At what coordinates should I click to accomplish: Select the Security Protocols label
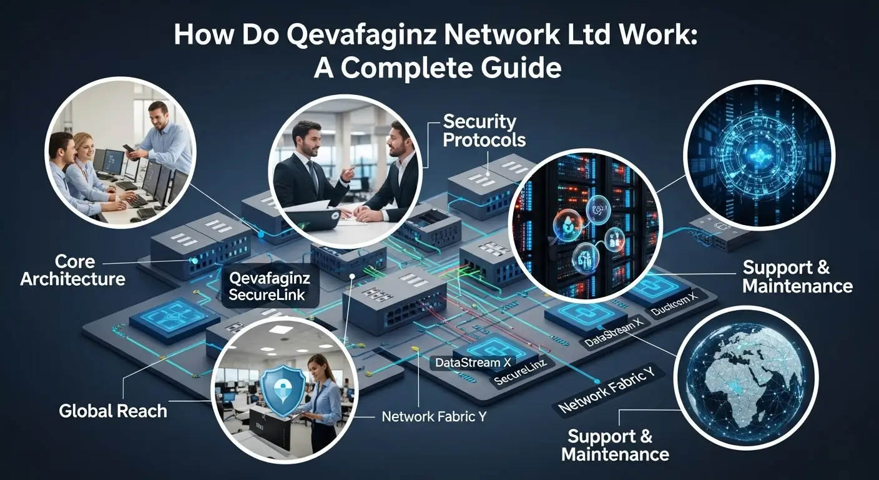484,130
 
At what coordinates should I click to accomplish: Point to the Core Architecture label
72,269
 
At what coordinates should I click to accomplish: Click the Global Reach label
113,411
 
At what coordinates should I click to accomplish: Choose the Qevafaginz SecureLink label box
269,286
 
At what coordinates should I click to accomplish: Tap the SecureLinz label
521,380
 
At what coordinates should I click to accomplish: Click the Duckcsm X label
678,309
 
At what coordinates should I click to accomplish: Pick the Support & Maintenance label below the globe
615,445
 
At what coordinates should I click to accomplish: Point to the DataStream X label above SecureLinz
469,362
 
